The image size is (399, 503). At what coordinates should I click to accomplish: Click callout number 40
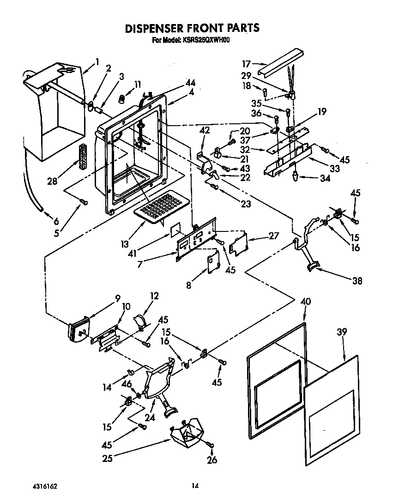pyautogui.click(x=306, y=302)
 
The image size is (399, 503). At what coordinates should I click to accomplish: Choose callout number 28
pyautogui.click(x=52, y=181)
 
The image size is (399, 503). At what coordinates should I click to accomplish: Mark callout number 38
pyautogui.click(x=357, y=280)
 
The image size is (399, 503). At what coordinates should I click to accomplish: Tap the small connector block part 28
pyautogui.click(x=83, y=157)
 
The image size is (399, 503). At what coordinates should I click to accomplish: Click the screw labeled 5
pyautogui.click(x=83, y=201)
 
